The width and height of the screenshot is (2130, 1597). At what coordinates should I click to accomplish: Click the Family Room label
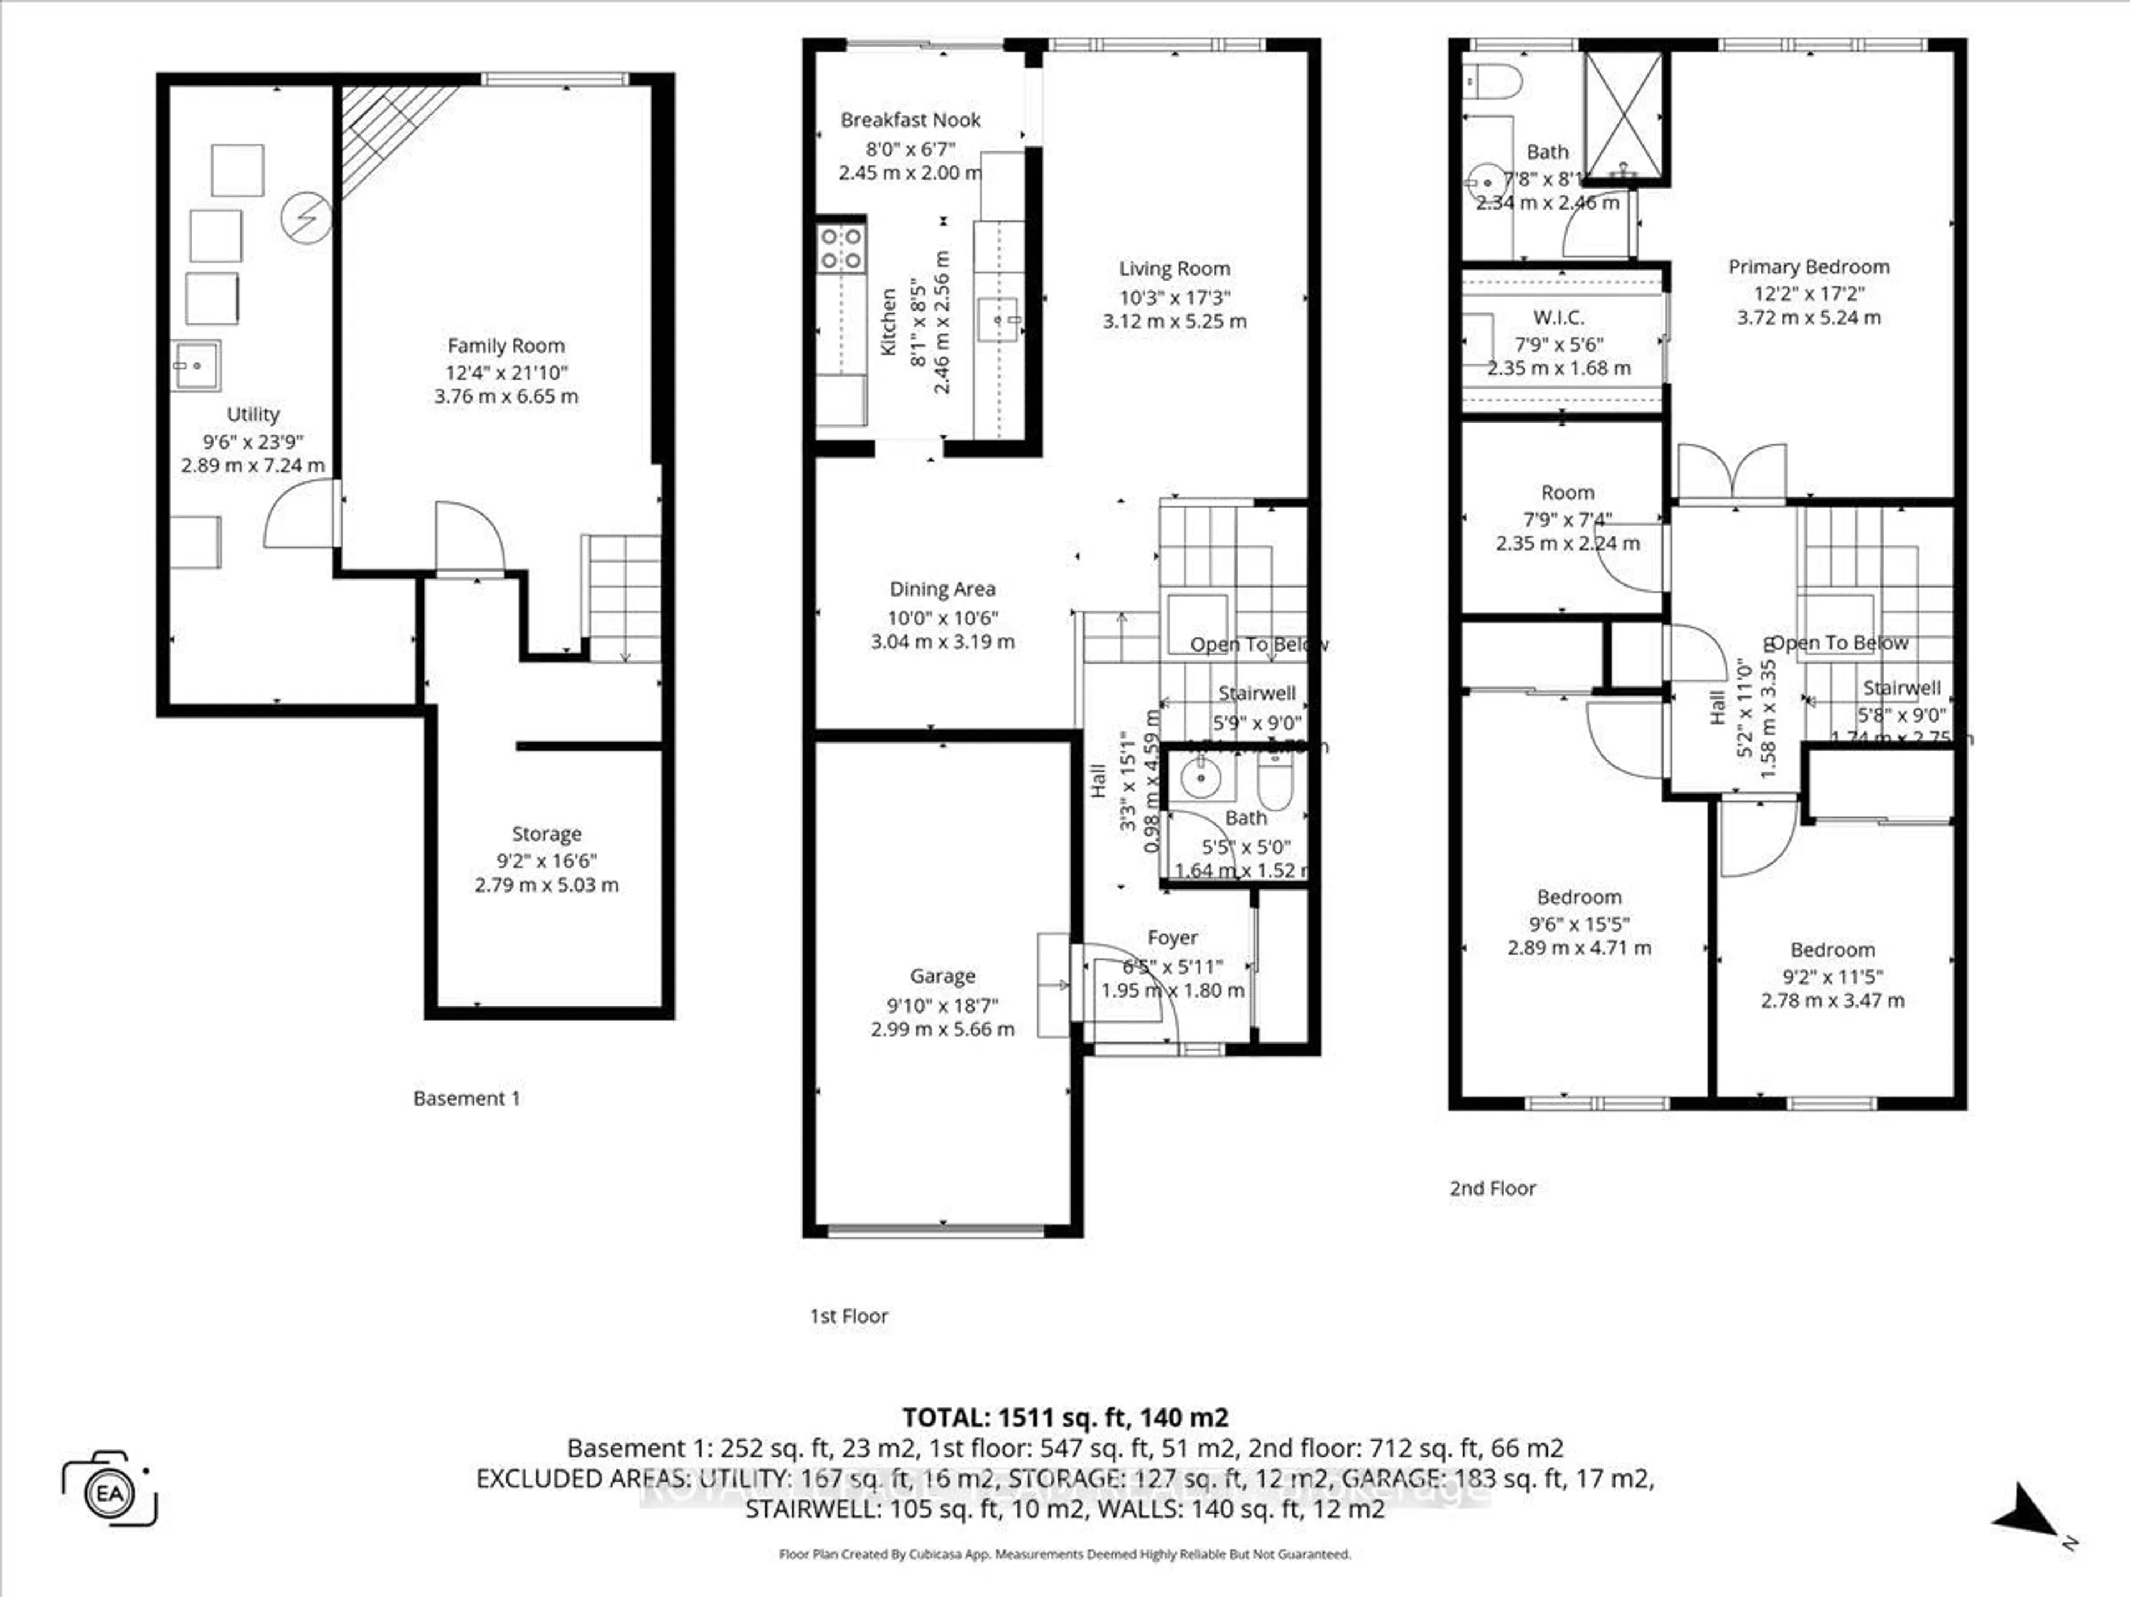click(505, 345)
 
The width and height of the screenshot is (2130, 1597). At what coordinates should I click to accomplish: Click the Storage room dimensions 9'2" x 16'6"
click(546, 861)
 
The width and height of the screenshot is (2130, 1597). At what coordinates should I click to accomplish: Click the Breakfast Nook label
click(910, 120)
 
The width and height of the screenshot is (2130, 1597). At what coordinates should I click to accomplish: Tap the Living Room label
click(1174, 268)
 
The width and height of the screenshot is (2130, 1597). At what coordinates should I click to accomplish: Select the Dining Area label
click(942, 589)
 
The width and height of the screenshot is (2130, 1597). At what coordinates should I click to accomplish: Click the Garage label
click(942, 976)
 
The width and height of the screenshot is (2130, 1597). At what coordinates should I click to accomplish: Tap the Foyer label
click(1172, 938)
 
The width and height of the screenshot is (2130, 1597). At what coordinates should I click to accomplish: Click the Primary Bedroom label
click(1808, 267)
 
